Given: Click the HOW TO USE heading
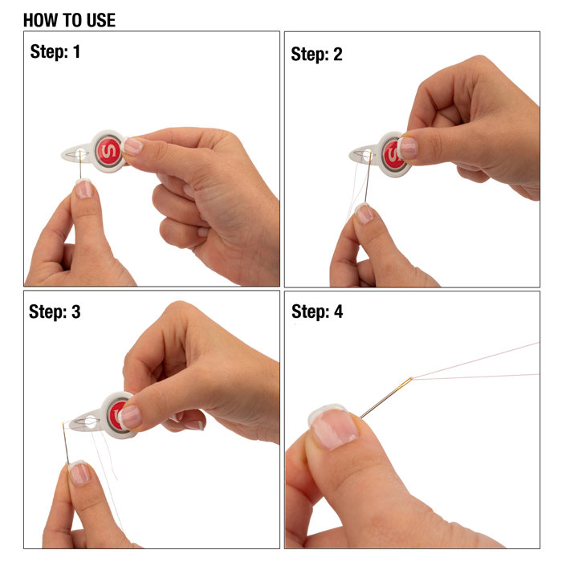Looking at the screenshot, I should pyautogui.click(x=69, y=20).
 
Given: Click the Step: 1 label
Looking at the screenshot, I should pyautogui.click(x=55, y=52).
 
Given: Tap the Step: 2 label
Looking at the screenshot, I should pyautogui.click(x=316, y=54).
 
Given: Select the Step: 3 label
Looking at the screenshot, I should pyautogui.click(x=55, y=312).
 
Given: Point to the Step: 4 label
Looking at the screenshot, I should pyautogui.click(x=316, y=312).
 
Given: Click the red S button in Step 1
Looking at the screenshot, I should pyautogui.click(x=108, y=152).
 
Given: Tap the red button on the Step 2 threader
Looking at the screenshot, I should pyautogui.click(x=393, y=155).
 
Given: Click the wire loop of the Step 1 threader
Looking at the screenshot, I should pyautogui.click(x=78, y=153).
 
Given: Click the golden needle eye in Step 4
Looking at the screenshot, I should pyautogui.click(x=409, y=380).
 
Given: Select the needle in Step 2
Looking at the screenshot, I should pyautogui.click(x=368, y=181).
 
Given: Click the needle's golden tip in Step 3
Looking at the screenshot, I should pyautogui.click(x=63, y=426).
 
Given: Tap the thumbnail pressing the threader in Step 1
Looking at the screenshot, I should pyautogui.click(x=132, y=146).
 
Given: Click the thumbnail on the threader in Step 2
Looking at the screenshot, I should pyautogui.click(x=408, y=147).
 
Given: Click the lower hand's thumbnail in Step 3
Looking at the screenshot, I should pyautogui.click(x=79, y=472).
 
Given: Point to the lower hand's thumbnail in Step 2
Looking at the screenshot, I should pyautogui.click(x=364, y=213).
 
